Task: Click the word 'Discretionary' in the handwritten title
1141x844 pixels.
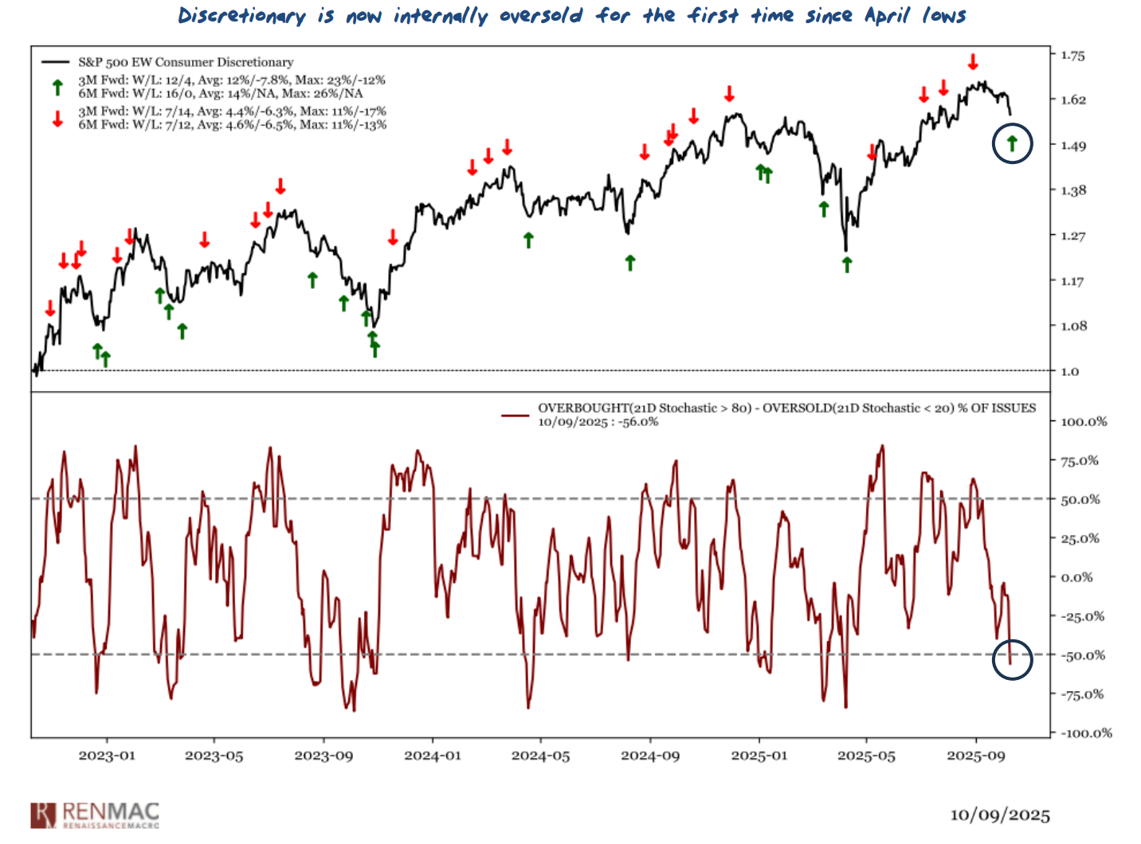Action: pyautogui.click(x=241, y=16)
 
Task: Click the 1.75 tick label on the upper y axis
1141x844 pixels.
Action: pyautogui.click(x=1072, y=55)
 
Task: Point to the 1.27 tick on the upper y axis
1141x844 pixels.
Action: pyautogui.click(x=1072, y=236)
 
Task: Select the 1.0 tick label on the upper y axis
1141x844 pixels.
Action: pyautogui.click(x=1069, y=371)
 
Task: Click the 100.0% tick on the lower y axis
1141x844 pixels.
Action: pyautogui.click(x=1084, y=421)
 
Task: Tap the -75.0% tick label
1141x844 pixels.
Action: pyautogui.click(x=1082, y=694)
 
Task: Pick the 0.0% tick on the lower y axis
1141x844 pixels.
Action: pyautogui.click(x=1076, y=577)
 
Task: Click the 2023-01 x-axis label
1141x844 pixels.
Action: pyautogui.click(x=107, y=756)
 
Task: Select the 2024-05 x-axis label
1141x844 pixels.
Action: pyautogui.click(x=540, y=756)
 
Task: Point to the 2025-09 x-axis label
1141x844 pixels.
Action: pyautogui.click(x=975, y=756)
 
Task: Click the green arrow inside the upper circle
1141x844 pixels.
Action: pyautogui.click(x=1012, y=143)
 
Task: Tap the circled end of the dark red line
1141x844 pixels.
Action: pyautogui.click(x=1010, y=661)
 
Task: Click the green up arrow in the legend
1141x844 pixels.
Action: pyautogui.click(x=57, y=87)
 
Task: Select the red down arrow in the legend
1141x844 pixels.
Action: pyautogui.click(x=57, y=119)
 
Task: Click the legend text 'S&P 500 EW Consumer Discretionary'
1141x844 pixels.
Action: pyautogui.click(x=186, y=62)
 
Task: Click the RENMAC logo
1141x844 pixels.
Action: pyautogui.click(x=95, y=815)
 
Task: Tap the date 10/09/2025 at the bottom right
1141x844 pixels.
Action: pyautogui.click(x=999, y=815)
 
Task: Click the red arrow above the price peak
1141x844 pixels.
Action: pyautogui.click(x=973, y=62)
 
